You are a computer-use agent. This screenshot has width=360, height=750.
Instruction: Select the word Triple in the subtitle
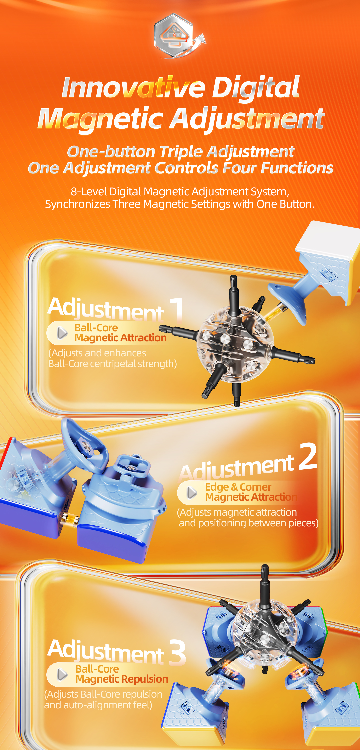coord(181,152)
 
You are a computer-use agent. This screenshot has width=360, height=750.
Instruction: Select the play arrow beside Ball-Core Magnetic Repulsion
coord(62,674)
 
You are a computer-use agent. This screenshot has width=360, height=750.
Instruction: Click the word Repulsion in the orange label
coord(145,679)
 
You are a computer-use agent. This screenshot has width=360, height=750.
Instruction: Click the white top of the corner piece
coord(327,237)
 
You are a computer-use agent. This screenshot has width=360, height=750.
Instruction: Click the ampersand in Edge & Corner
coord(234,487)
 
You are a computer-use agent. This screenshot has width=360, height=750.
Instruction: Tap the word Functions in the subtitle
coord(297,168)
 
